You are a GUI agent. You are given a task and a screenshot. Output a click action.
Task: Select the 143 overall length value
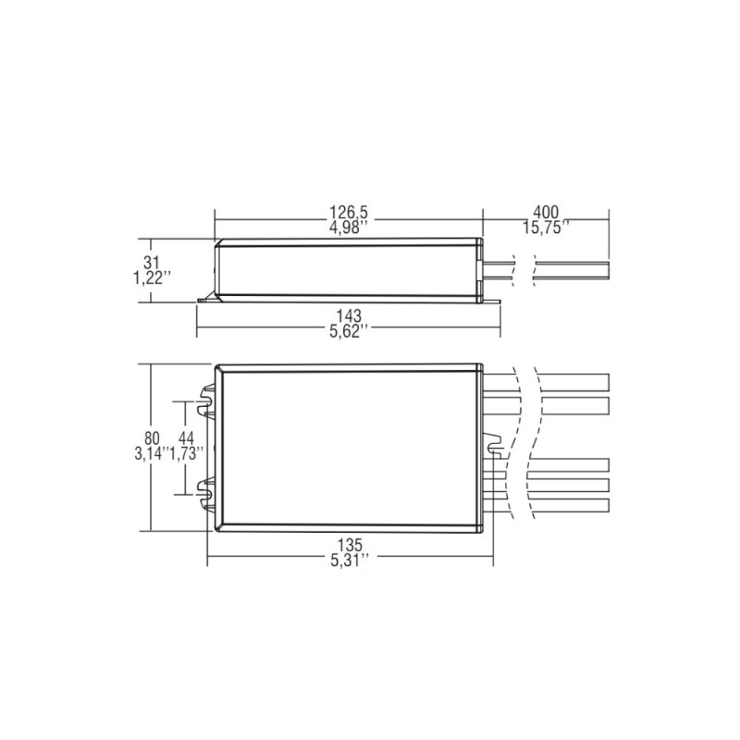350,315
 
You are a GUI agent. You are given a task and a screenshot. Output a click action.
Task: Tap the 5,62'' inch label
350,331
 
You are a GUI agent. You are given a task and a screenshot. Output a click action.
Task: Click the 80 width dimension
154,437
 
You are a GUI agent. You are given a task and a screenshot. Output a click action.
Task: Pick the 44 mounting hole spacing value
185,437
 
